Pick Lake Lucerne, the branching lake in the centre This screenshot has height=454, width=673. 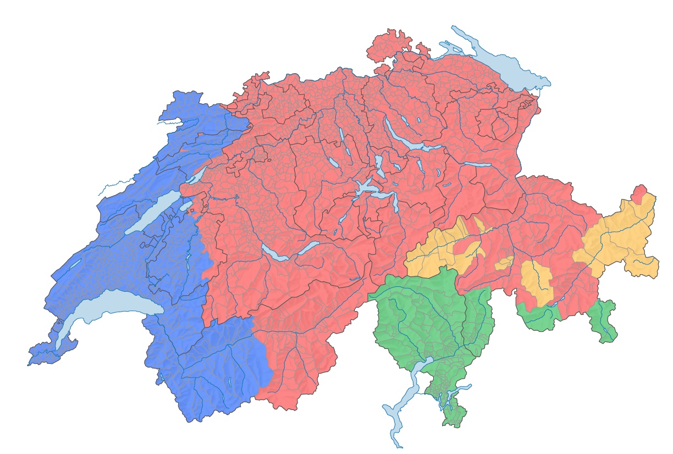point(366,190)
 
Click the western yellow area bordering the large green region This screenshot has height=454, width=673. point(440,253)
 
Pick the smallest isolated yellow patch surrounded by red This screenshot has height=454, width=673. point(504,263)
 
